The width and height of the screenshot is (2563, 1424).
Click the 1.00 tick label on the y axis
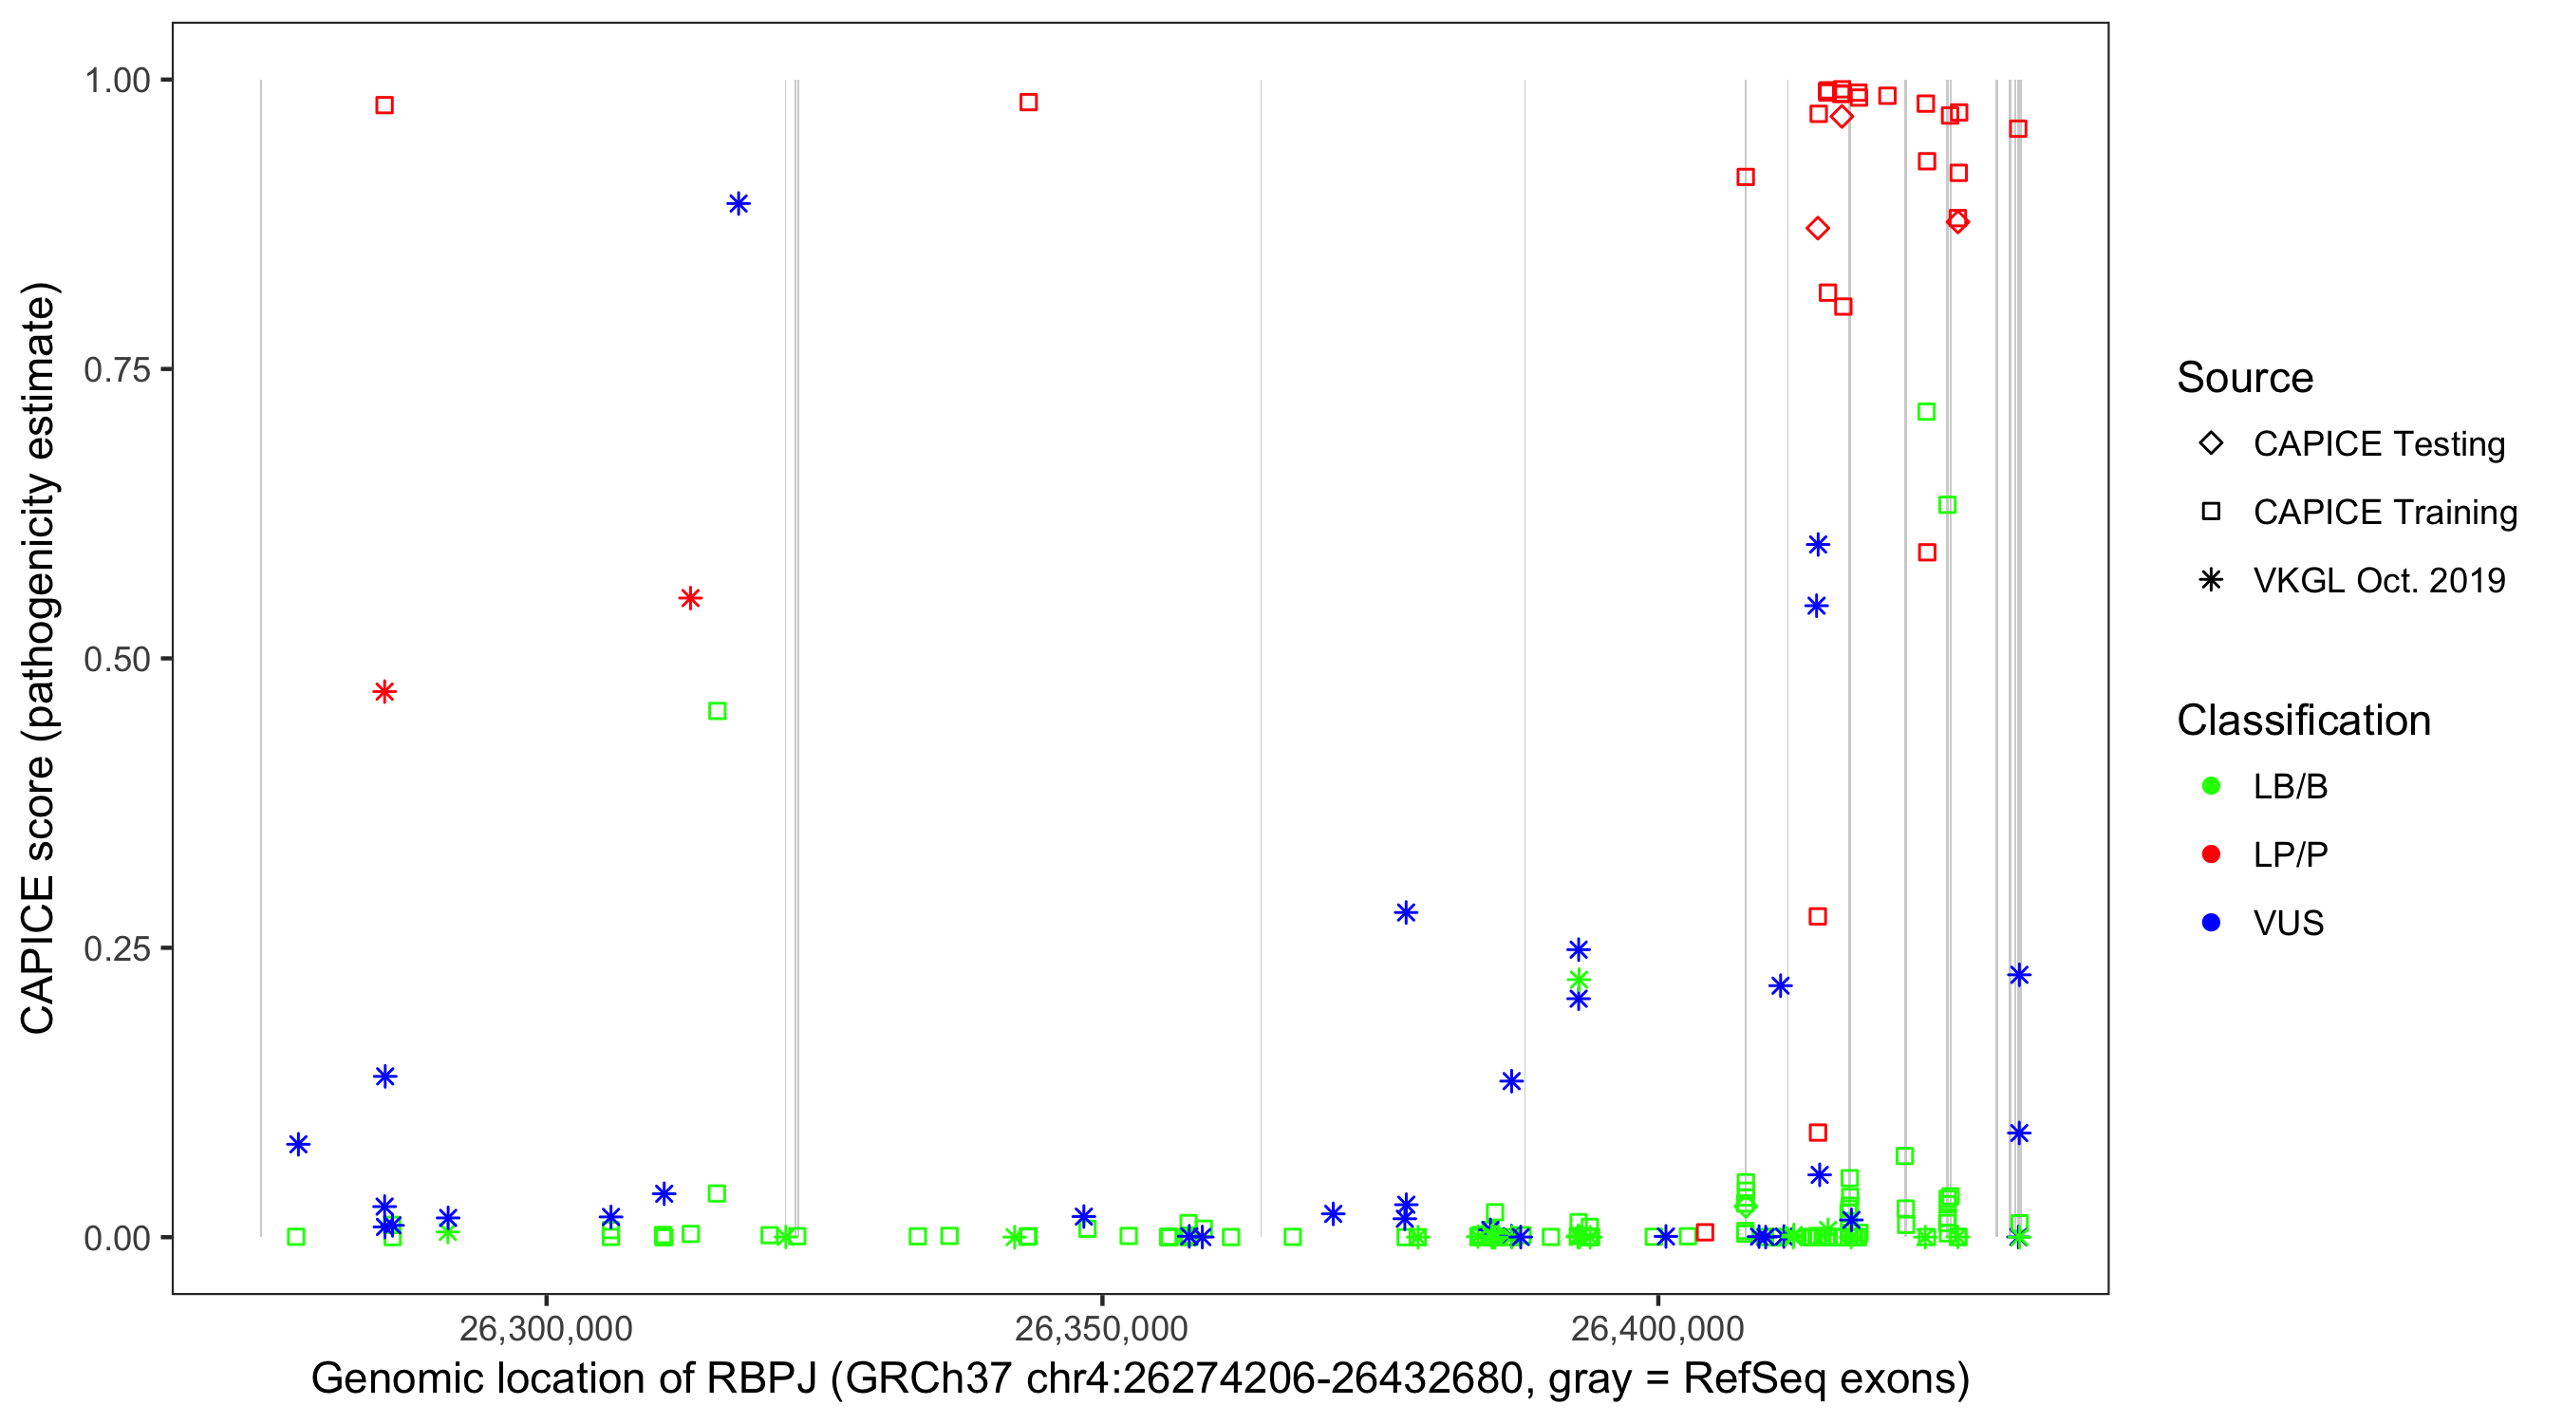pos(116,80)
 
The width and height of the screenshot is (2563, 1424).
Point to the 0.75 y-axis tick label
pos(116,369)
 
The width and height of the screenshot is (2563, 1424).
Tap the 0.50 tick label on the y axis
pos(116,659)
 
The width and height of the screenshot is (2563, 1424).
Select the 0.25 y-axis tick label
pos(116,948)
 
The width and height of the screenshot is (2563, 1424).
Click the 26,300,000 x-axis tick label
pos(545,1328)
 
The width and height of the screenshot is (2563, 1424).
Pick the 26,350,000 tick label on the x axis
pos(1101,1328)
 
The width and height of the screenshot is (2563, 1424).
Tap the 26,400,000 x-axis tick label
pos(1657,1328)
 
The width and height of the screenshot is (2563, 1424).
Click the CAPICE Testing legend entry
pos(2379,444)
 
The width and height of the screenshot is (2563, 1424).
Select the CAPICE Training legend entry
pos(2385,513)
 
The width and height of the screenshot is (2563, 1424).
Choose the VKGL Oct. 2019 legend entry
pos(2379,580)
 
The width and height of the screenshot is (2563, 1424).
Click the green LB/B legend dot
pos(2212,786)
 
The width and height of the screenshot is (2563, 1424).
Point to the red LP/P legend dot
pos(2212,854)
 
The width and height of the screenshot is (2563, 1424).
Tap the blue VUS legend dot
pos(2212,923)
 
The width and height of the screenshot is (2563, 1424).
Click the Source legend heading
pos(2245,378)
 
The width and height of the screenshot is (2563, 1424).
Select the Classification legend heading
pos(2303,721)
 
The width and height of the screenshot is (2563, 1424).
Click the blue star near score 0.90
pos(739,204)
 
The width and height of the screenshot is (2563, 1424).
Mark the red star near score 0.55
pos(690,598)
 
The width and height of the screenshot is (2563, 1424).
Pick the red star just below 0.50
pos(385,692)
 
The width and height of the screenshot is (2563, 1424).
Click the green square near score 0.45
pos(718,710)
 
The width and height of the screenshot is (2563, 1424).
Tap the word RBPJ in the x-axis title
pos(762,1379)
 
